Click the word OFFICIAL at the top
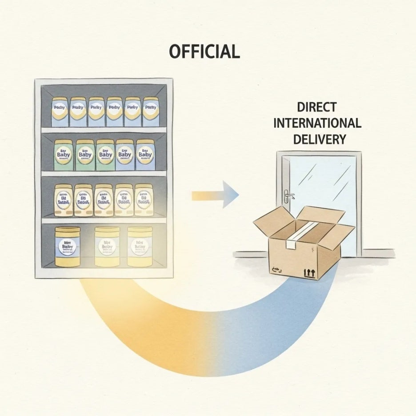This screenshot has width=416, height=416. coord(205,52)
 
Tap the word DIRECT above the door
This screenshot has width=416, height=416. coord(317,108)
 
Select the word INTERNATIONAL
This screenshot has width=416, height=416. coord(317,123)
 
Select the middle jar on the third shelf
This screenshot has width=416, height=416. coord(104,200)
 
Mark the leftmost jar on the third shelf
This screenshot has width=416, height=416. coord(63,200)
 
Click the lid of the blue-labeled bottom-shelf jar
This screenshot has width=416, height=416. coord(68,231)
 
